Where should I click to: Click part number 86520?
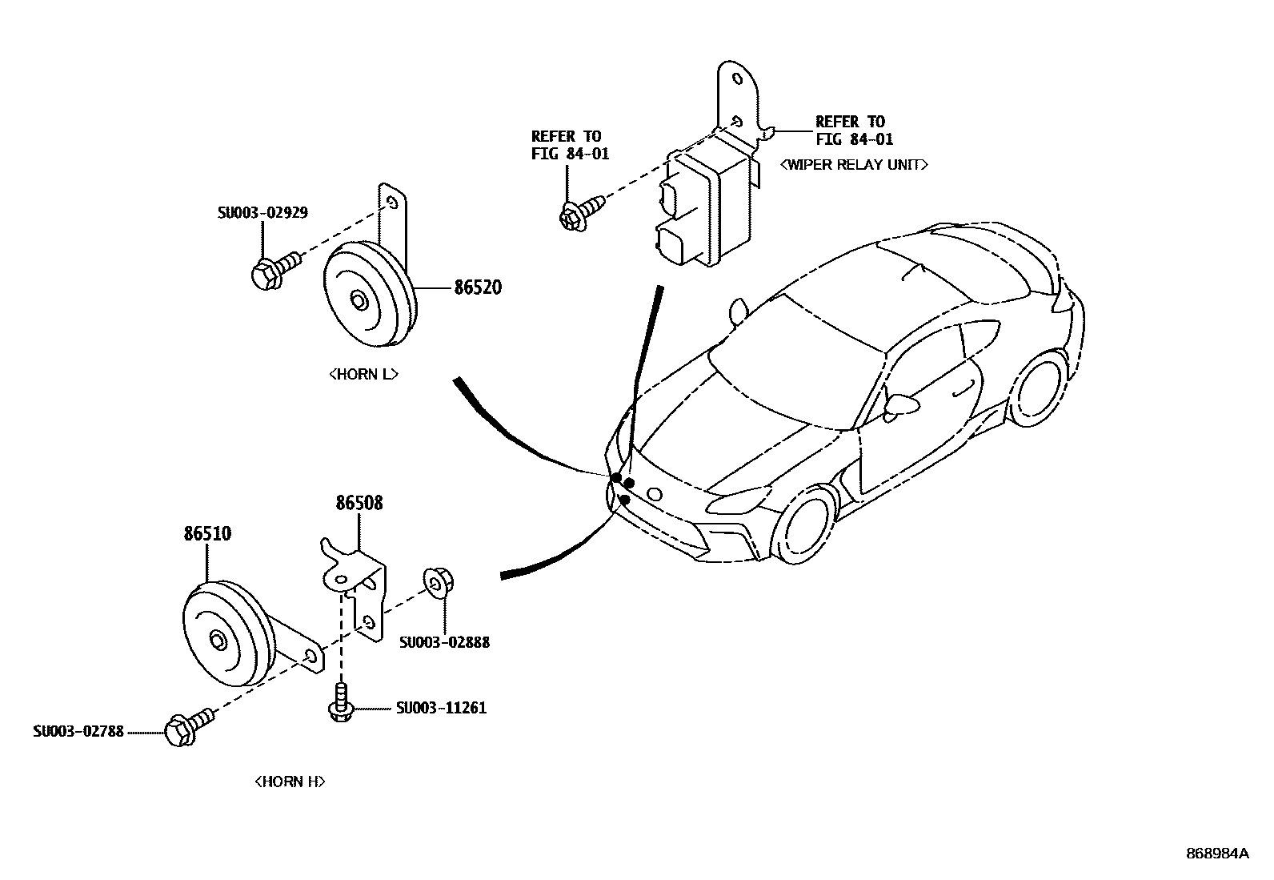(x=478, y=287)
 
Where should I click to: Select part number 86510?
(x=207, y=533)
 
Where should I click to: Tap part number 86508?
(x=359, y=503)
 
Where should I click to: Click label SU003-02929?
(x=262, y=213)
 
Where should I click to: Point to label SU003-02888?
(x=444, y=642)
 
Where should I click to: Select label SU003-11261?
(x=441, y=708)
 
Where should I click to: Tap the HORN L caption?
(x=363, y=374)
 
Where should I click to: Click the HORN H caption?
(x=290, y=782)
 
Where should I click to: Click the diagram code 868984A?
(x=1216, y=853)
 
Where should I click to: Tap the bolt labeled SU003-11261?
(x=341, y=703)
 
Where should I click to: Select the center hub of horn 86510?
(x=218, y=641)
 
